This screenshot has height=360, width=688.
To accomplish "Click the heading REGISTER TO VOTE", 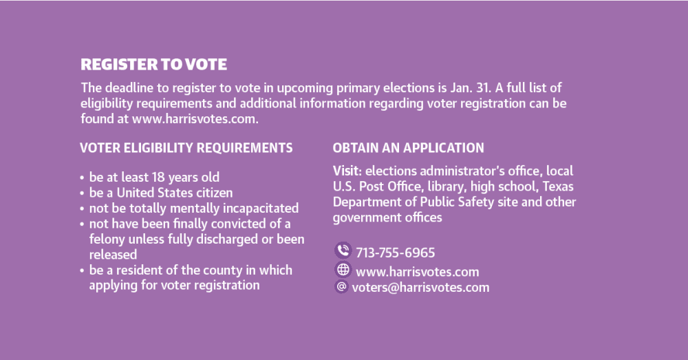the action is coord(153,65).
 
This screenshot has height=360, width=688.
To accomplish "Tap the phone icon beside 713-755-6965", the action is coord(343,251).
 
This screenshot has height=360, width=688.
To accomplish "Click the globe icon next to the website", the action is coord(343,270).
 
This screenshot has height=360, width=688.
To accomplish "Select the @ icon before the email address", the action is coord(341,286).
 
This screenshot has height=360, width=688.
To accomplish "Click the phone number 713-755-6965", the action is coord(396,253).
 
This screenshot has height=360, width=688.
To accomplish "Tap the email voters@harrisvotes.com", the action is coord(420,288).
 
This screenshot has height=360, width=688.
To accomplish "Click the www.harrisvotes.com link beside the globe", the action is coord(418,272).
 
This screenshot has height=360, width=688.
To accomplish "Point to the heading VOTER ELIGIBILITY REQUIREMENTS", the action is coord(186,148).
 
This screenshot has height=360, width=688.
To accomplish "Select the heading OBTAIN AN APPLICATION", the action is coord(408,148).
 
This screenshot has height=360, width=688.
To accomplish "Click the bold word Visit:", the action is coord(347,171).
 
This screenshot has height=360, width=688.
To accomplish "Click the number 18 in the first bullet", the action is coord(158,178).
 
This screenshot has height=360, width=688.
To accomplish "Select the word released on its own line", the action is coord(114,255).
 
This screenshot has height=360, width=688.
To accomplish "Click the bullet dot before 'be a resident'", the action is coord(82,271).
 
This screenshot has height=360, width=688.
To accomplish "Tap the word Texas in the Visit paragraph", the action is coord(558,187).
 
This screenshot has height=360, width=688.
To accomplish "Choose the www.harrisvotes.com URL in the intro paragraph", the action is coord(195,119).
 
